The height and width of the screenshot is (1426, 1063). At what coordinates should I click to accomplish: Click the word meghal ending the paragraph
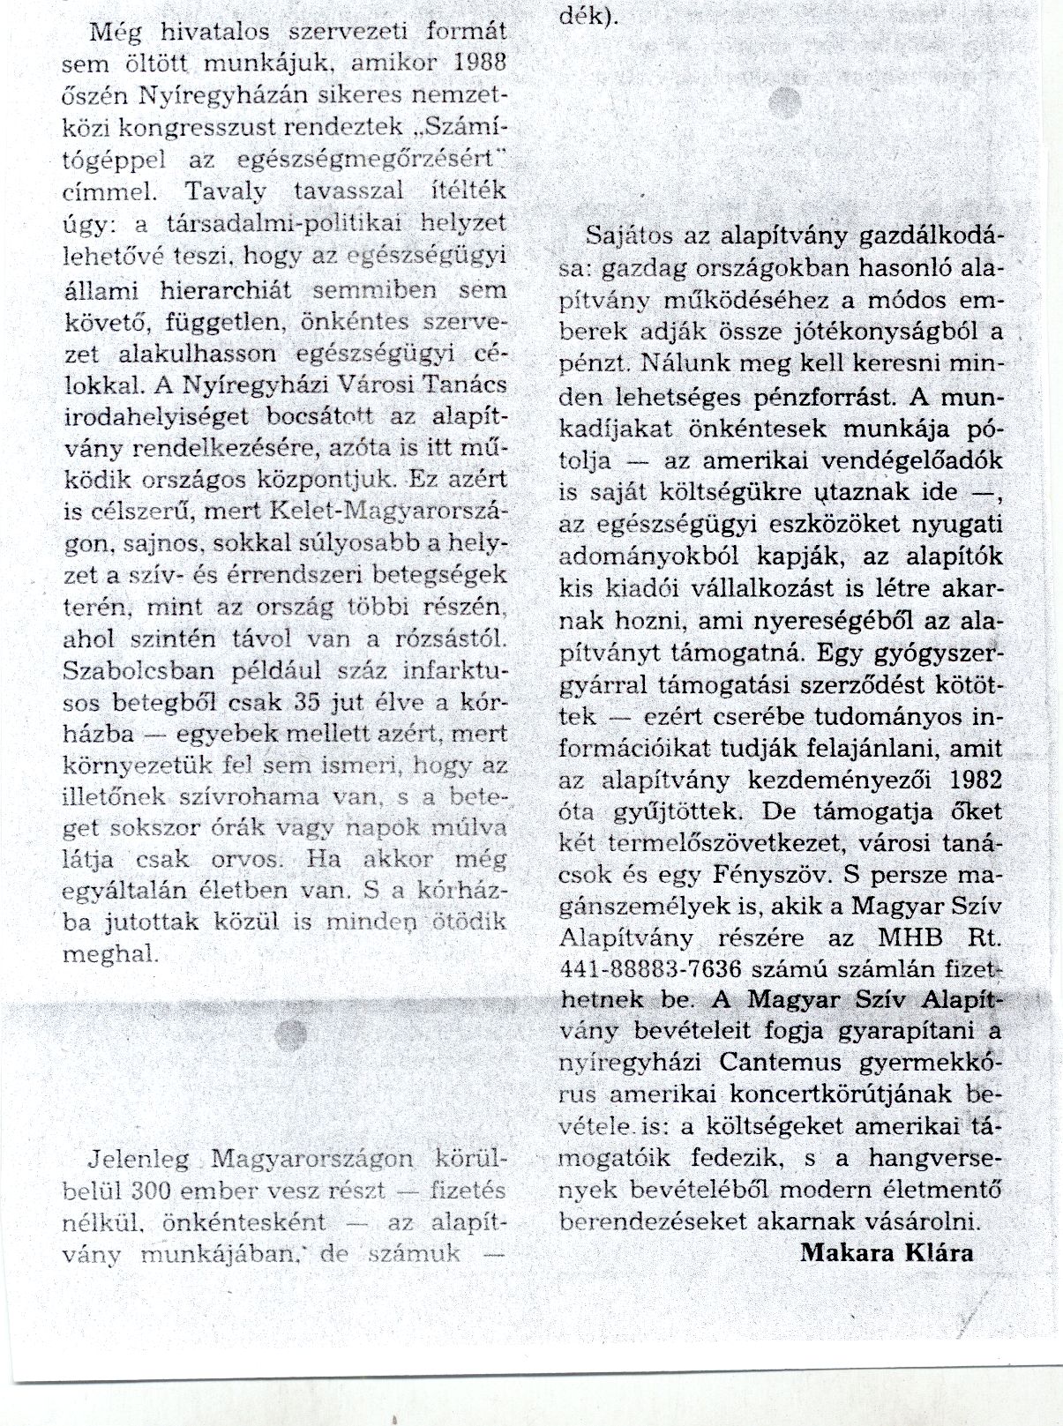pos(111,953)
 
